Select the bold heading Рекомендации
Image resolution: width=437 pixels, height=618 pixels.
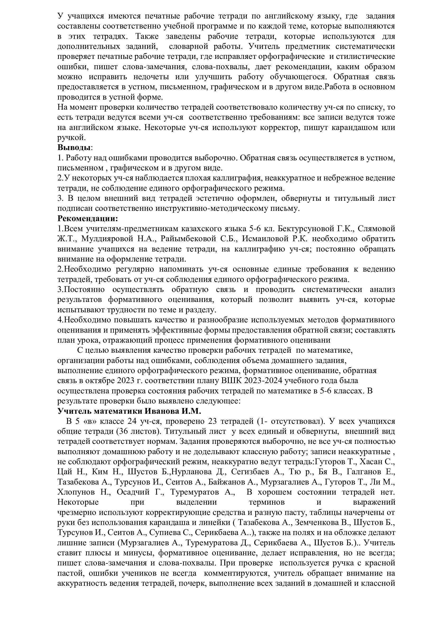[x=88, y=218]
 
